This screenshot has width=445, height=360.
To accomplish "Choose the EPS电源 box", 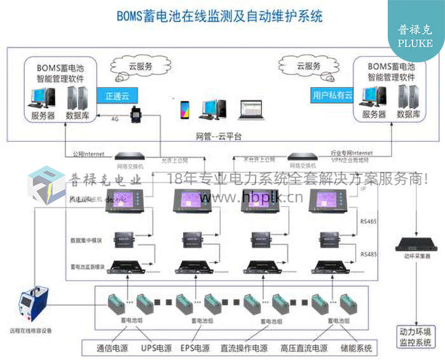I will click(194, 348).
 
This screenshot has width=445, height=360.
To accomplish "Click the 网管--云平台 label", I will click(219, 136).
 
